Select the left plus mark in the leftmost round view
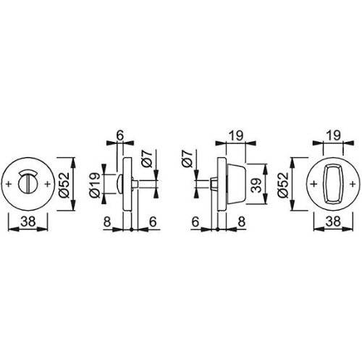coord(8,185)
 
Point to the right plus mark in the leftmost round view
coord(48,185)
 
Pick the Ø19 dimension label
coord(96,186)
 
